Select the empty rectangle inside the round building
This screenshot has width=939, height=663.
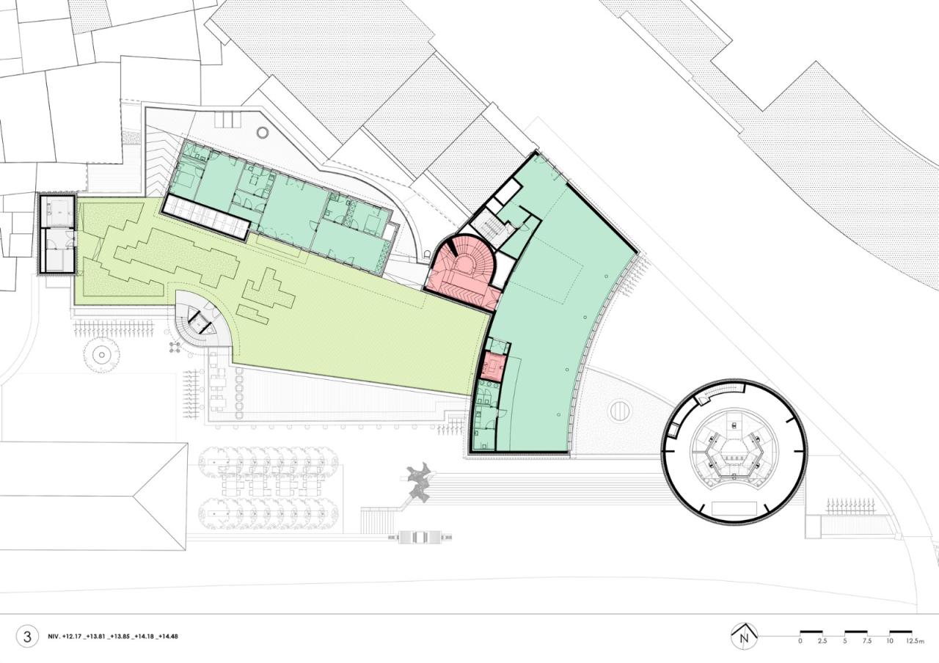point(734,509)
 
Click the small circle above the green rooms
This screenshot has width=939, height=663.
point(263,133)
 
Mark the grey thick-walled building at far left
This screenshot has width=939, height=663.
point(56,234)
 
